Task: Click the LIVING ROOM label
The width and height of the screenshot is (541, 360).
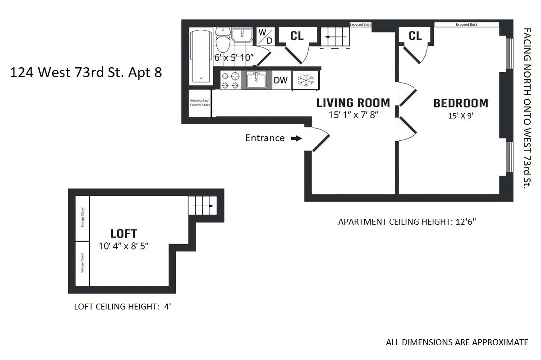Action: tap(353, 102)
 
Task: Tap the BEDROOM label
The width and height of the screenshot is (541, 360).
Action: tap(460, 103)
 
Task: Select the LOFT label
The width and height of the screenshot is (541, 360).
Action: tap(124, 234)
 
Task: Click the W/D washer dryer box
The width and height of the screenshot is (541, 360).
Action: tap(265, 37)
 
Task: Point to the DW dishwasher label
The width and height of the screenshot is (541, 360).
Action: tap(280, 80)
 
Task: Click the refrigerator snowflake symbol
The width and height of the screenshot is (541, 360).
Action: tap(305, 80)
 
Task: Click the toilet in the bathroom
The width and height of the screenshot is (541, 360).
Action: tap(223, 39)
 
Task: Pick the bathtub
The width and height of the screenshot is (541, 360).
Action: tap(200, 56)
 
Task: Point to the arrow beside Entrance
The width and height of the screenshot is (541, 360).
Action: tap(296, 138)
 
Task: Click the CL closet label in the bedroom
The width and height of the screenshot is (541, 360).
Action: tap(415, 36)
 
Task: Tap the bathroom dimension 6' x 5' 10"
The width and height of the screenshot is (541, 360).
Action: tap(234, 58)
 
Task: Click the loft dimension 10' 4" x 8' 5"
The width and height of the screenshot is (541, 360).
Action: tap(124, 246)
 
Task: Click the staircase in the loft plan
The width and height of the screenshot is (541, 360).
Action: tap(202, 206)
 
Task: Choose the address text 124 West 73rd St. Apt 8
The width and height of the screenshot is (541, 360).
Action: tap(86, 72)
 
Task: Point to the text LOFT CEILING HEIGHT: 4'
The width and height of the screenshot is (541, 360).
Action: tap(122, 307)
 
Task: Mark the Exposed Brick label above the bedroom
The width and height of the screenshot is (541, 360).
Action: tap(466, 24)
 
